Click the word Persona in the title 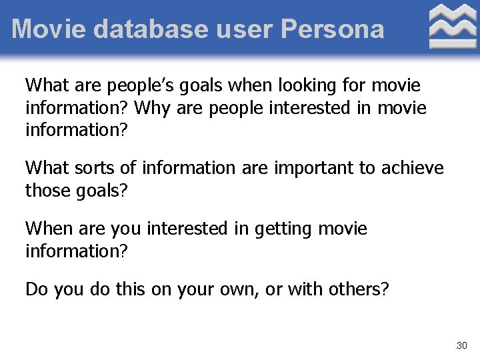tap(333, 29)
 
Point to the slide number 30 tap(462, 345)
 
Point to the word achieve tap(413, 168)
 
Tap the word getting tap(283, 229)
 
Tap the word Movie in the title tap(49, 29)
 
